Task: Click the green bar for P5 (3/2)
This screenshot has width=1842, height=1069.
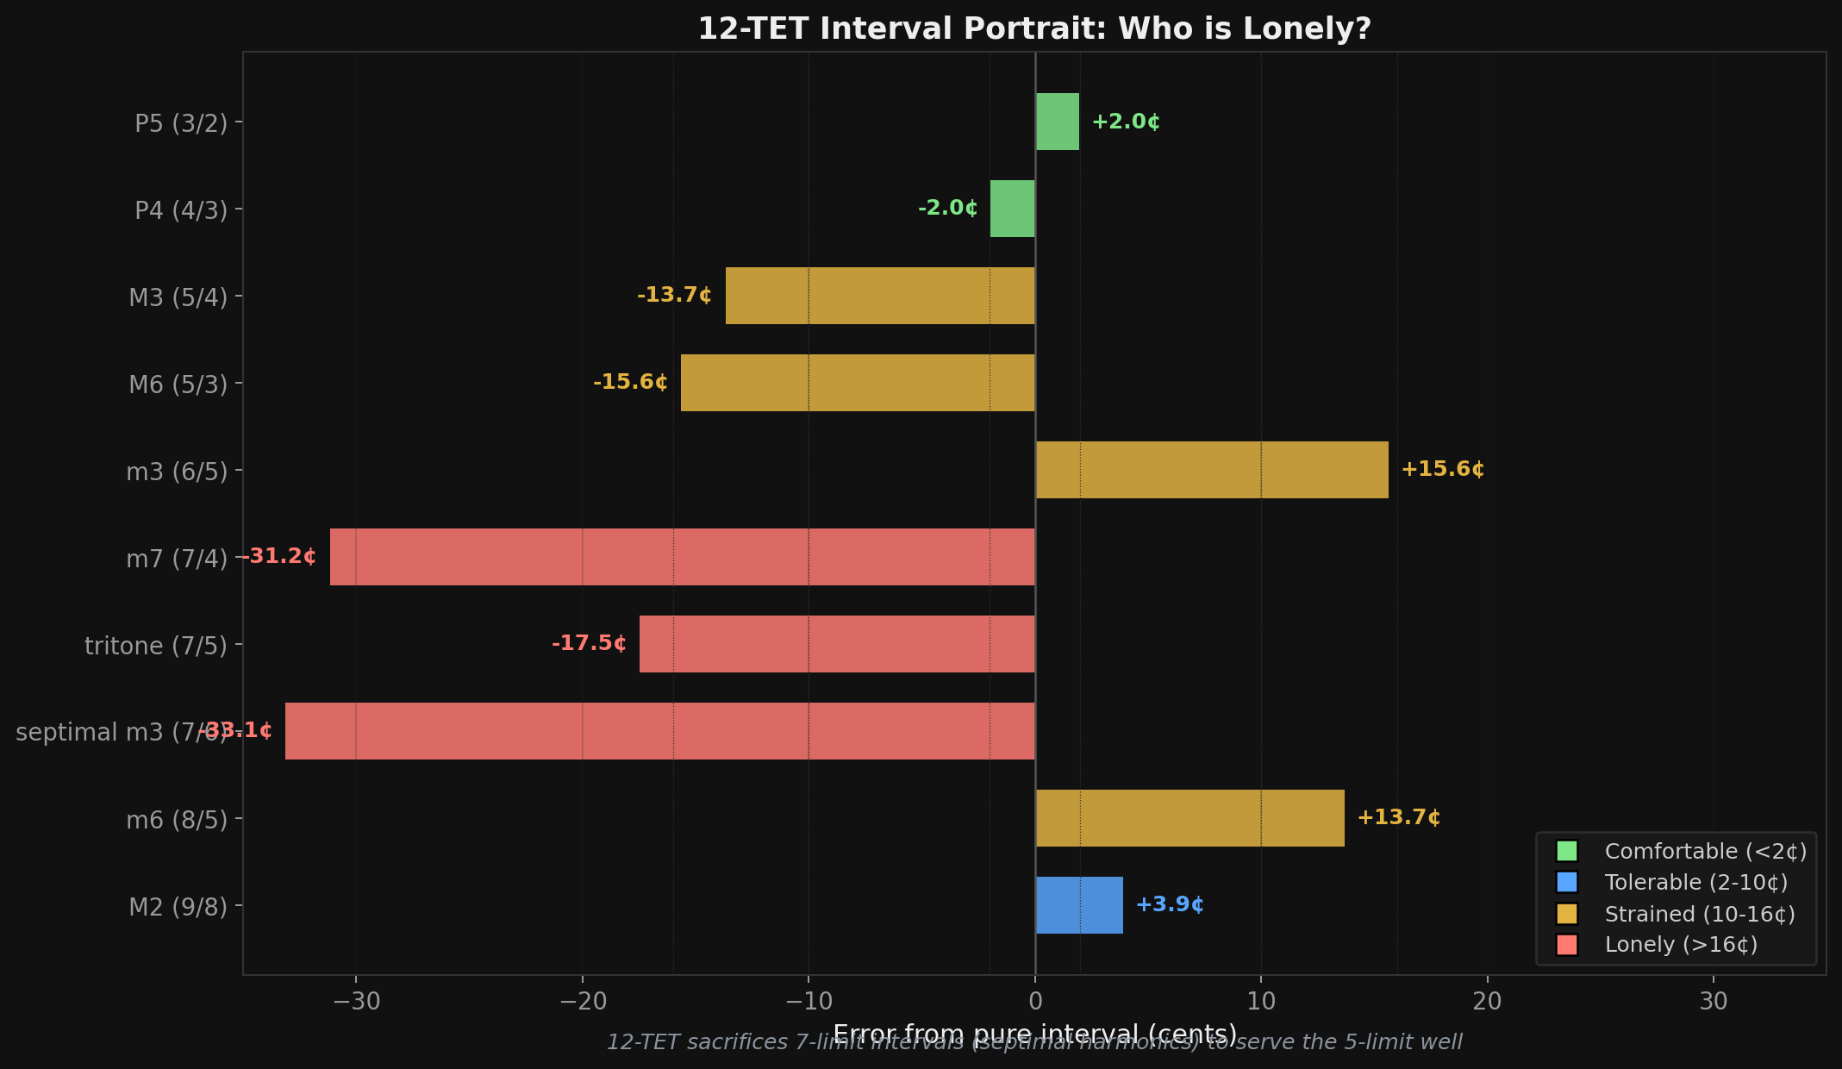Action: coord(1057,122)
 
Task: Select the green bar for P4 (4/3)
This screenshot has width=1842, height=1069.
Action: coord(1012,209)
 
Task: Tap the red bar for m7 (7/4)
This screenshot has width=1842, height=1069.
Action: coord(682,557)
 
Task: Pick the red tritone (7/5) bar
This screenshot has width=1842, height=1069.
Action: coord(836,644)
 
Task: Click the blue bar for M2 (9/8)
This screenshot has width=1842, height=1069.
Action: coord(1079,905)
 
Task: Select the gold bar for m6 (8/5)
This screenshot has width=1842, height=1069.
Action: coord(1189,818)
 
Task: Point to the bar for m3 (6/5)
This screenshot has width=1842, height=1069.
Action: coord(1212,470)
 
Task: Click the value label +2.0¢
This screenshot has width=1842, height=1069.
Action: coord(1126,122)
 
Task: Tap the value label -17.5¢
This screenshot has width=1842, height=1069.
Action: coord(589,643)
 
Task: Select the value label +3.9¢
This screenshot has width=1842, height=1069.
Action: coord(1170,904)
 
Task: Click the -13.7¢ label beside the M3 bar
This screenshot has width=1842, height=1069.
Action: coord(674,295)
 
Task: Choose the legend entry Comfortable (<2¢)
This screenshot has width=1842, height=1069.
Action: coord(1705,851)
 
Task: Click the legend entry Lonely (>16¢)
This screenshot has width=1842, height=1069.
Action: coord(1681,945)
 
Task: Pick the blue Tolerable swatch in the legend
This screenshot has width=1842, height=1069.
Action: coord(1566,882)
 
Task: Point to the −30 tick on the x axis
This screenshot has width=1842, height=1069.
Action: coord(356,1001)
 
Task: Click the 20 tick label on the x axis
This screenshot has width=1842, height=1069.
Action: coord(1487,1001)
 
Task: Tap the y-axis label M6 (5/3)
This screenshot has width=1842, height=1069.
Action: coord(178,384)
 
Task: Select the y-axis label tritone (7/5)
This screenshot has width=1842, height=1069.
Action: coord(156,645)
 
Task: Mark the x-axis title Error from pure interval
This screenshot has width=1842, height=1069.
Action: coord(991,1033)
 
